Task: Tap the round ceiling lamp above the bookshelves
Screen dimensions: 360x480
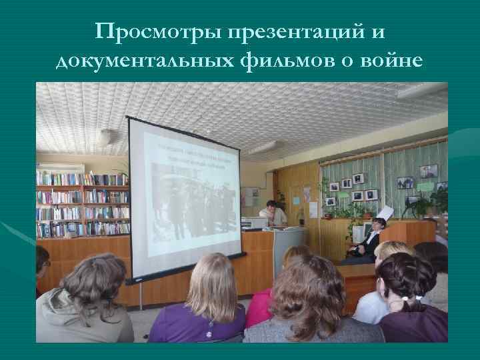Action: (105, 137)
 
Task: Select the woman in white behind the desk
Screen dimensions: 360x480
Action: (273, 213)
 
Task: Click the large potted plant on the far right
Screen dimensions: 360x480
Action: (427, 203)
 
